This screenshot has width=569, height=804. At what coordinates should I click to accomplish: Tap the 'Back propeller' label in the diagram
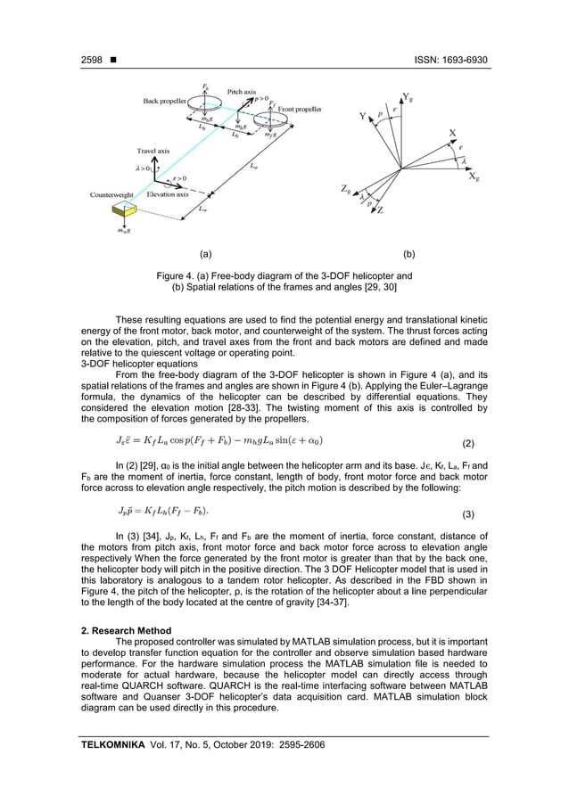[165, 102]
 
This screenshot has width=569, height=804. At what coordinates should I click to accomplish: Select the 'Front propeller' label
[299, 110]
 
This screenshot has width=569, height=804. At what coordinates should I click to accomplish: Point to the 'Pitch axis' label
[242, 92]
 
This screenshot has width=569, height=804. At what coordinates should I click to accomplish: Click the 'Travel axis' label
[153, 151]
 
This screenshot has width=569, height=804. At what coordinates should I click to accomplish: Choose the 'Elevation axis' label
[168, 193]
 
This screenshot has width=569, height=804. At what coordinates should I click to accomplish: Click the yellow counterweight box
[124, 209]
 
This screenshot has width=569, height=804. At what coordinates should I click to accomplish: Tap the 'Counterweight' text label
[111, 193]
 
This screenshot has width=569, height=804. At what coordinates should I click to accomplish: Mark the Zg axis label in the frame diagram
[345, 189]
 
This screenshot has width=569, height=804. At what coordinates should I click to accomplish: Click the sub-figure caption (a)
[205, 254]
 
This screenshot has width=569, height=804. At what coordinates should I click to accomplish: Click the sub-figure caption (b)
[409, 254]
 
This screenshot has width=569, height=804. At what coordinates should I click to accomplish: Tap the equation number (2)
[480, 442]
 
